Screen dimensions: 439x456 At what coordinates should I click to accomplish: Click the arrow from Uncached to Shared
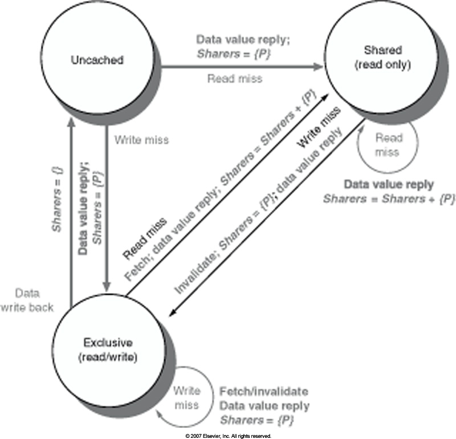(x=239, y=67)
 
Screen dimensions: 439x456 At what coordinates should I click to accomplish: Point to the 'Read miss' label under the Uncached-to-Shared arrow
(x=235, y=79)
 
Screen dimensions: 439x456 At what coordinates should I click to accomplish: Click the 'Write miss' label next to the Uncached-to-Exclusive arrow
(x=141, y=139)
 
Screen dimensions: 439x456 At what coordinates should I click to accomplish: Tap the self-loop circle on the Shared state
(x=388, y=145)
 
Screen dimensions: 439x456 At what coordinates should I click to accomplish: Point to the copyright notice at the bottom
(x=228, y=436)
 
